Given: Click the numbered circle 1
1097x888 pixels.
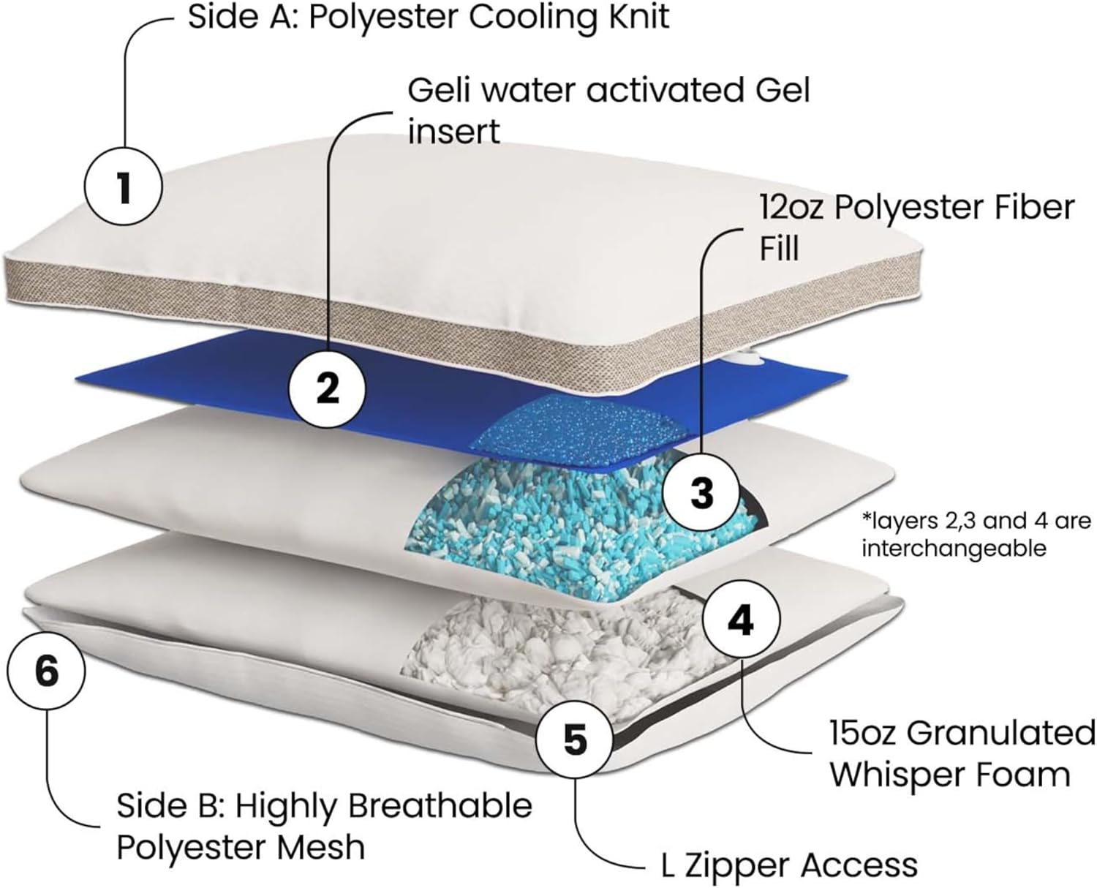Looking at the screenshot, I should coord(122,187).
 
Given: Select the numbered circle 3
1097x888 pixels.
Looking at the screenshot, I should coord(701,492).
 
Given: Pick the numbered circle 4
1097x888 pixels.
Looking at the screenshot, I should coord(740,621).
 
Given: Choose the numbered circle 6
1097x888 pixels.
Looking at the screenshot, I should coord(46,669).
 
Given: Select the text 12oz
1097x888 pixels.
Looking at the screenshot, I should coord(791,208).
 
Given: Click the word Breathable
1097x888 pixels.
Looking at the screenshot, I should coord(440,806).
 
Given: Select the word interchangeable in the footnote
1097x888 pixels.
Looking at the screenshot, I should coord(954,548).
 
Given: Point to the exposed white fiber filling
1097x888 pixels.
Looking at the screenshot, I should coord(556,644).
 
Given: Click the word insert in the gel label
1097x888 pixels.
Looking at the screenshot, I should coord(453,132).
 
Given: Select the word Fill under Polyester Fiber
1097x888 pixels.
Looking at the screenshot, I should coord(779,249).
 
